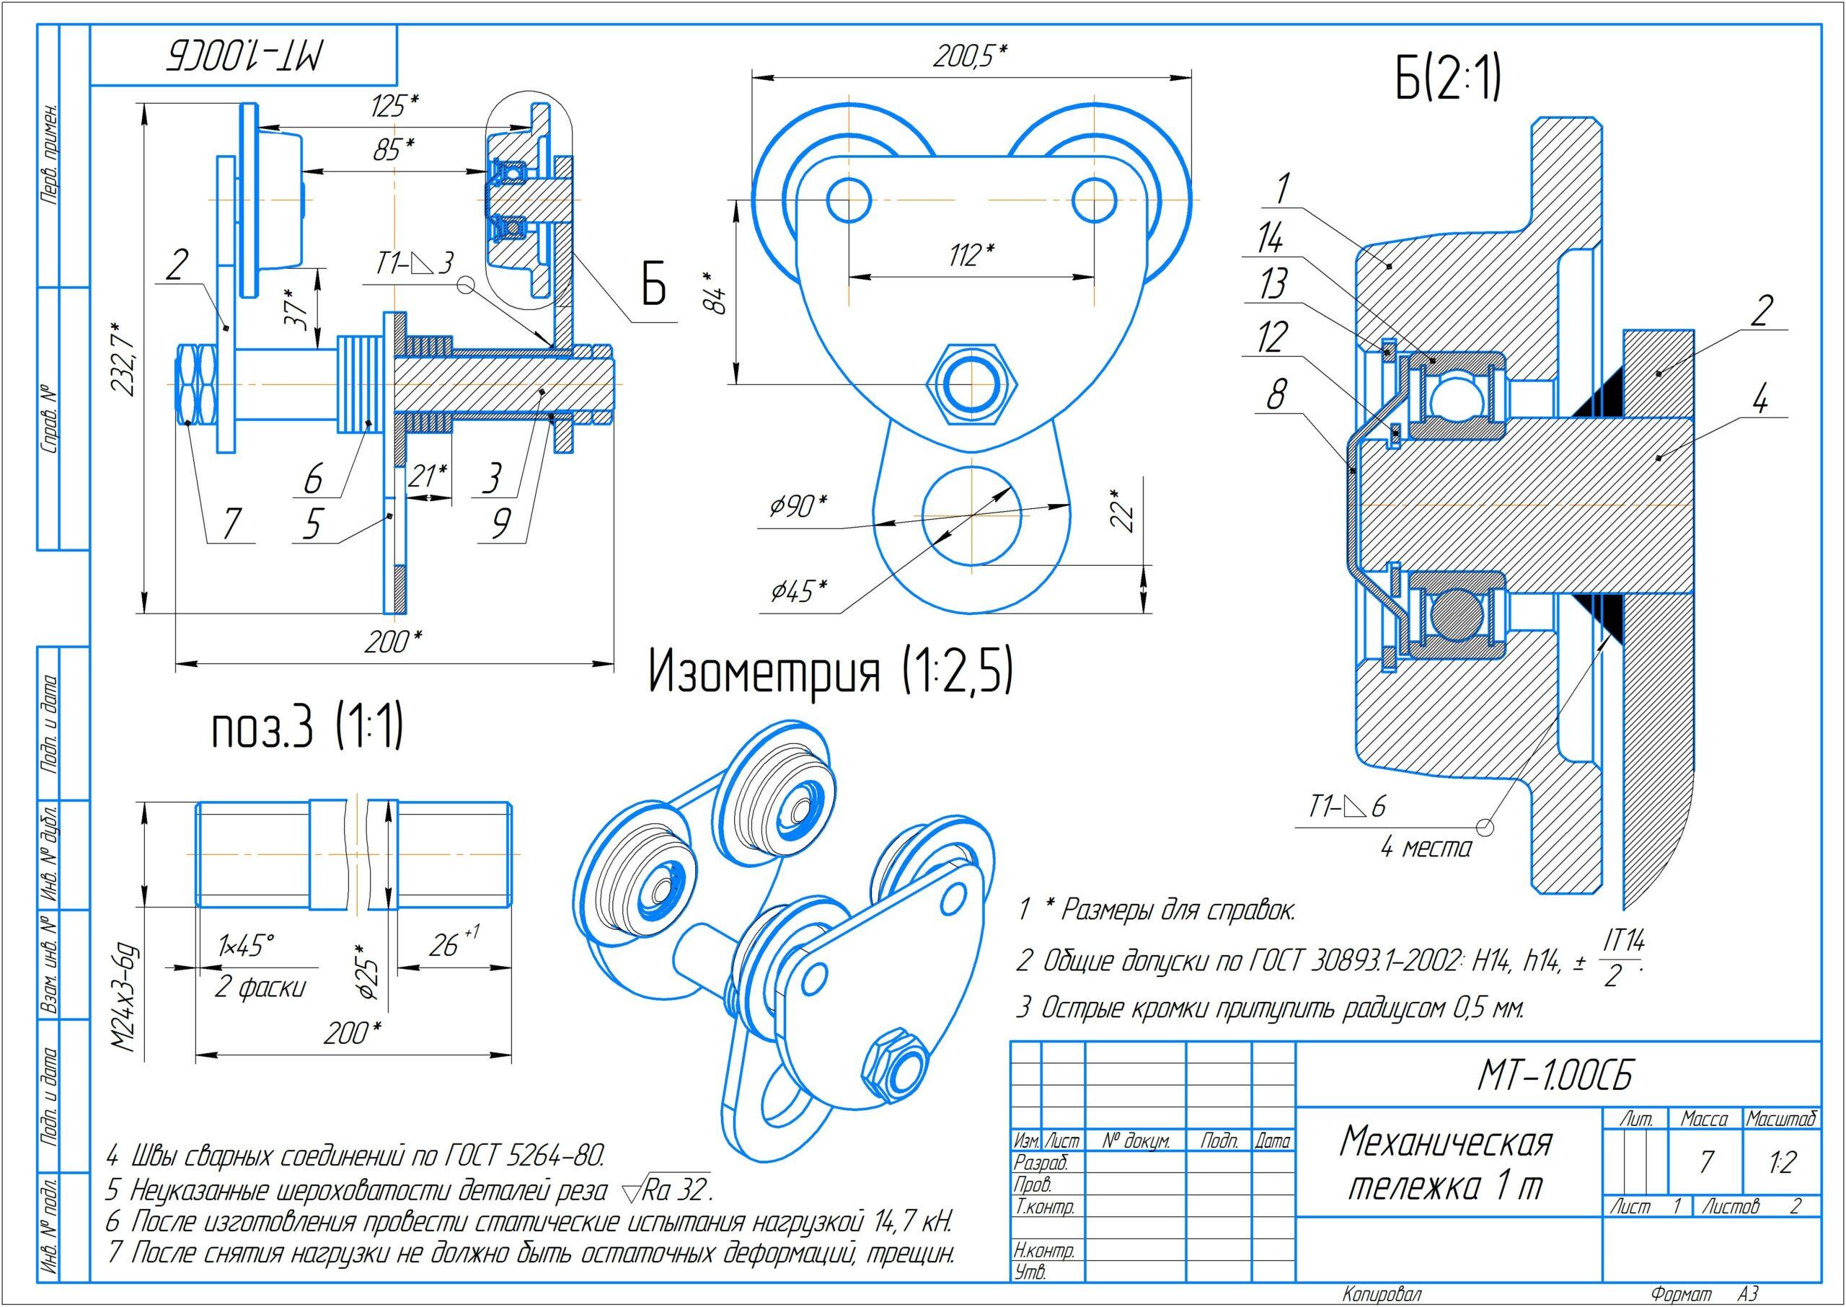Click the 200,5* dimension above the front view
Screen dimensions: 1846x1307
click(970, 57)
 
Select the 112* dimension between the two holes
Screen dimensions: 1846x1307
click(971, 254)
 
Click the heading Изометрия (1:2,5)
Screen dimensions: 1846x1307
click(830, 672)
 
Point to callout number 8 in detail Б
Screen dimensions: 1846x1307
click(1275, 394)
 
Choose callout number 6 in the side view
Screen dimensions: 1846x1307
click(312, 479)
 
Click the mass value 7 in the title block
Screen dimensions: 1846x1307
click(1707, 1161)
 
